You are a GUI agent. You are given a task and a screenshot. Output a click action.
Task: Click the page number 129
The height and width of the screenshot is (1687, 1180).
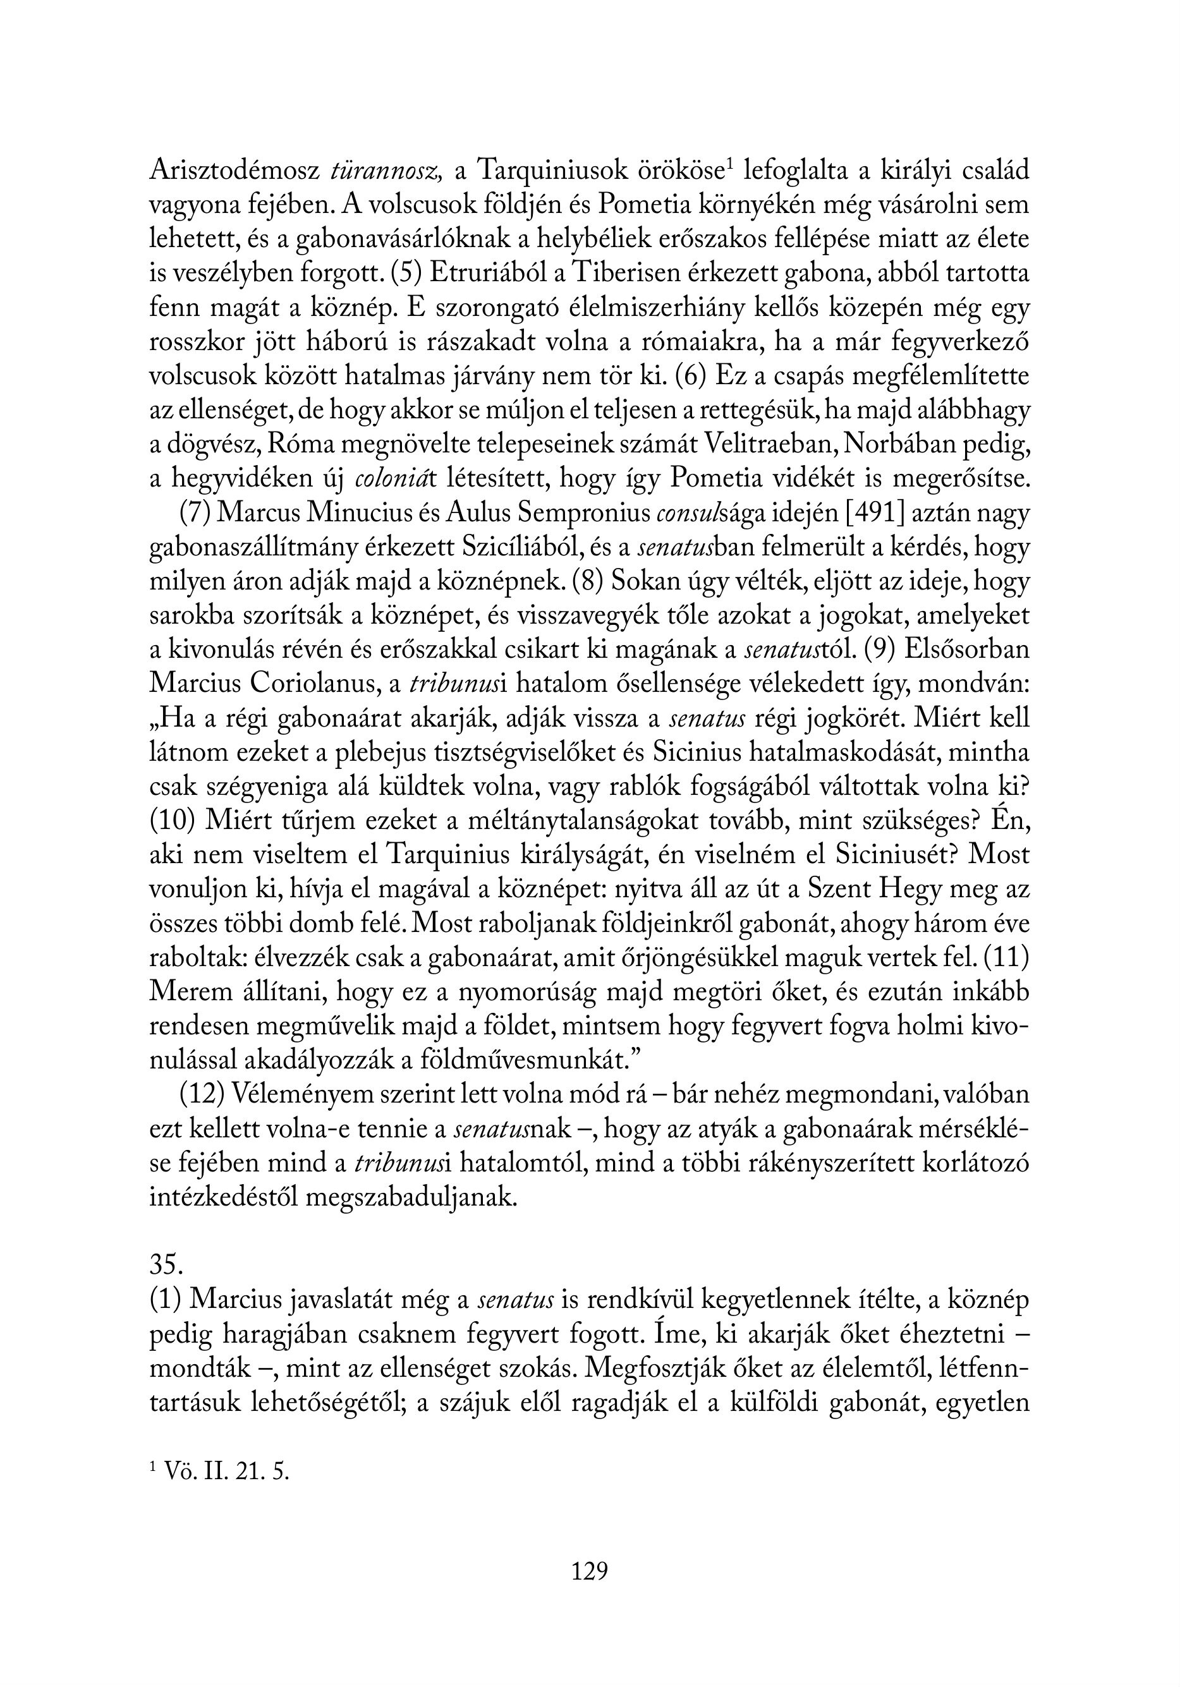(590, 1571)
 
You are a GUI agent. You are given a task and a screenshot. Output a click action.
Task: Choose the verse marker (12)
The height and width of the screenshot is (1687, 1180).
(202, 1095)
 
